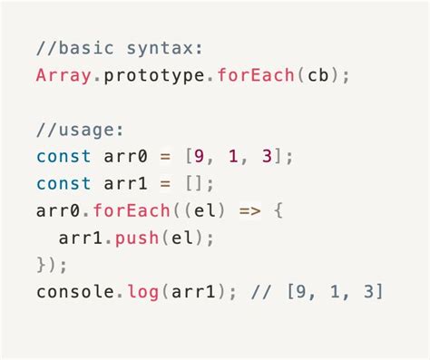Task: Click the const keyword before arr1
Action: [x=64, y=183]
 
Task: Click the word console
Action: [x=75, y=292]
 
